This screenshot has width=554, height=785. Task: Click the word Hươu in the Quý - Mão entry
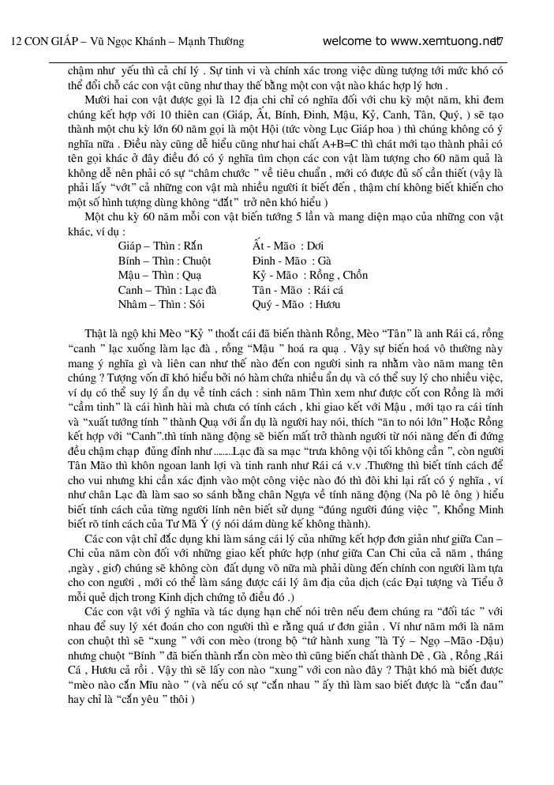327,304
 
